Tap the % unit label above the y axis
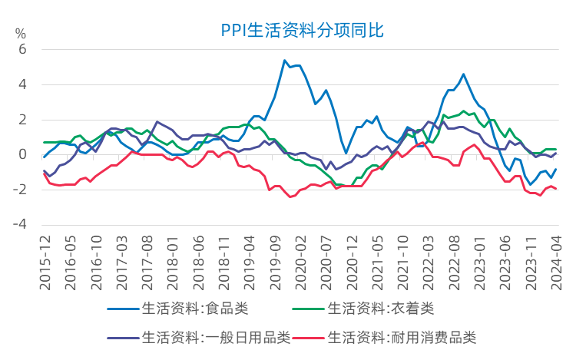pos(21,35)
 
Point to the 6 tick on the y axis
pos(22,49)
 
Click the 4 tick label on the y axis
pos(22,84)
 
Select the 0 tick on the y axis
pos(22,154)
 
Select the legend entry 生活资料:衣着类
pos(381,309)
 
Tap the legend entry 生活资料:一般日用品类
pos(214,337)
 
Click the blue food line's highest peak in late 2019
pos(284,61)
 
